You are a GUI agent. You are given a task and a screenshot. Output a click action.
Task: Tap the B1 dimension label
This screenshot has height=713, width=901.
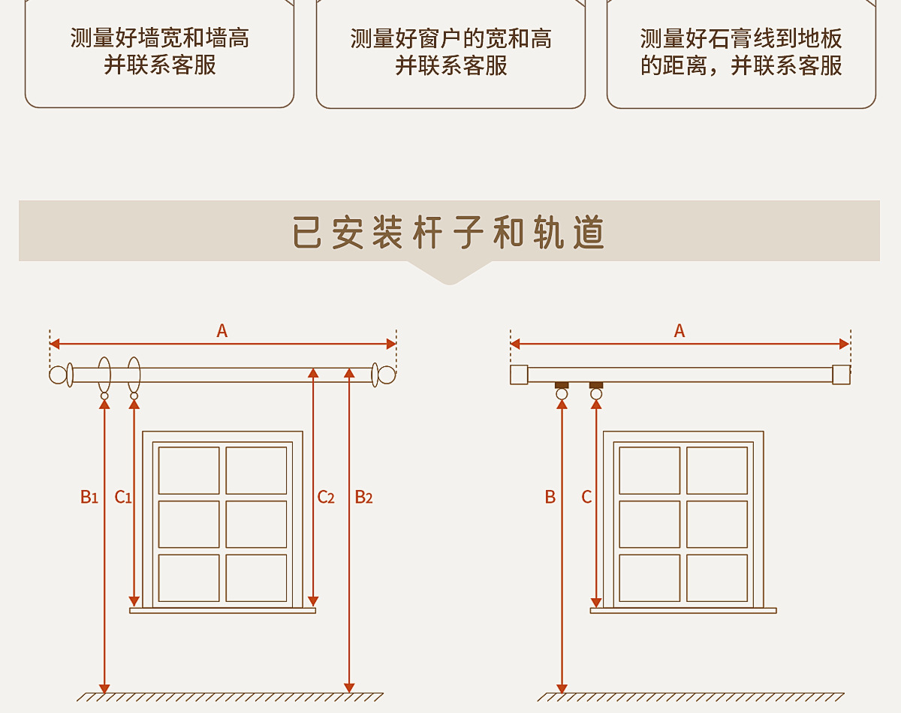pos(89,497)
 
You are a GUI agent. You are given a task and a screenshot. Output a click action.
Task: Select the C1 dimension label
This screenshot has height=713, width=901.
pos(123,497)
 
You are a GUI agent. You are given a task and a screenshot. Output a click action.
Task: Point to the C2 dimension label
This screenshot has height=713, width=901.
pos(325,497)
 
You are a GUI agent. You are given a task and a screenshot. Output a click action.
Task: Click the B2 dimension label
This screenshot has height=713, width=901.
pos(363,497)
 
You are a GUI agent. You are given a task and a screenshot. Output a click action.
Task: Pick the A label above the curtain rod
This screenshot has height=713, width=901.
pos(221,331)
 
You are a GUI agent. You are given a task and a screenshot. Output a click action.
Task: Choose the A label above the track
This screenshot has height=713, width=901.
pos(680,331)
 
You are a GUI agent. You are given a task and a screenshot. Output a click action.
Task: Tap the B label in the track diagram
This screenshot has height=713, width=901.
pos(550,497)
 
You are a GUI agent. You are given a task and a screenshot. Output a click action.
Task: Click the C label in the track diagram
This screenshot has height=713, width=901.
pos(586,497)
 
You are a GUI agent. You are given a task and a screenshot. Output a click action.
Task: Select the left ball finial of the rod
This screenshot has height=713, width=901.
pos(58,375)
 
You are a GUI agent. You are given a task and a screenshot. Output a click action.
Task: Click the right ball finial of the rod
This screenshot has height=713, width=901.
pos(386,375)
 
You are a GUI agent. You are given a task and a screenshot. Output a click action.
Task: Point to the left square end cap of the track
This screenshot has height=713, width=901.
pos(519,375)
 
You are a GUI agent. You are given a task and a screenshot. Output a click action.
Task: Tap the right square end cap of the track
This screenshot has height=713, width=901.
pos(841,375)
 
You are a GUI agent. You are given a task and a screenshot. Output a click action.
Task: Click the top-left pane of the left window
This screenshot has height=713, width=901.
pos(189,471)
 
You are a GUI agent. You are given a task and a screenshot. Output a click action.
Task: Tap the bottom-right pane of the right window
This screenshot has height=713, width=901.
pos(717,578)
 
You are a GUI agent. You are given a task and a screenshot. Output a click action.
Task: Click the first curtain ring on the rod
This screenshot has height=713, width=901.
pos(104,375)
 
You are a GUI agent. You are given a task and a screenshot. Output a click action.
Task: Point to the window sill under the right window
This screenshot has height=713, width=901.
pos(683,611)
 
